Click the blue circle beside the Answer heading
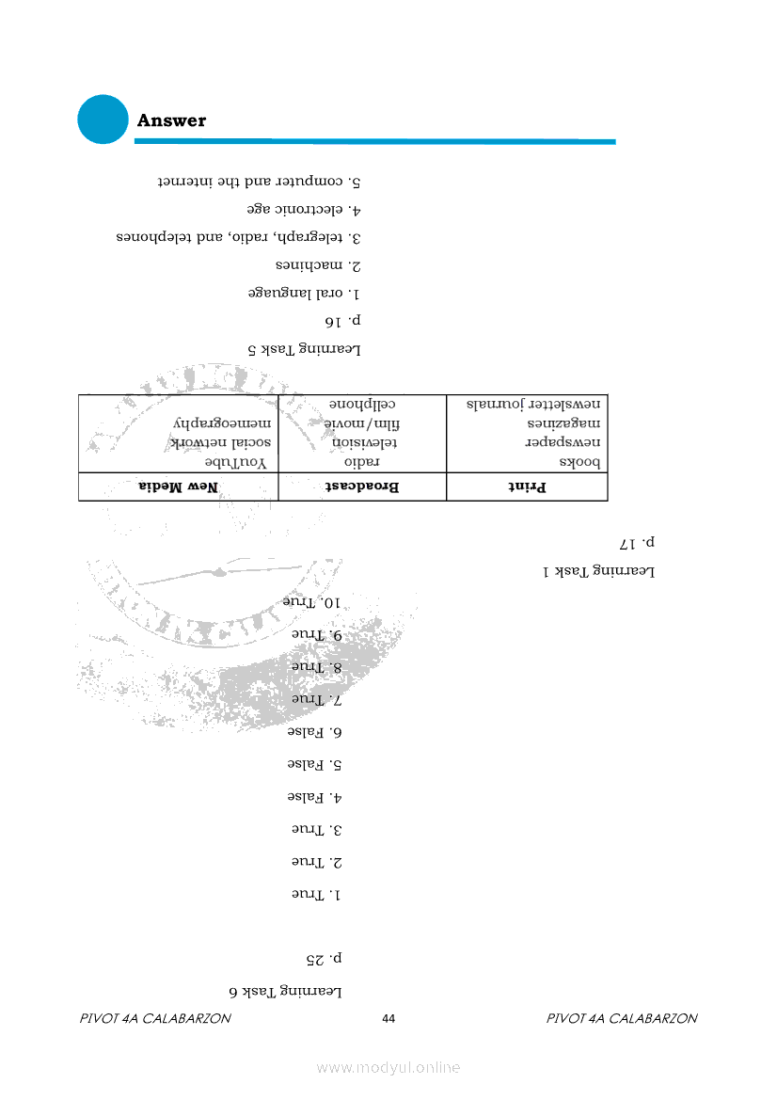(x=103, y=120)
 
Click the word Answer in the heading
(x=171, y=120)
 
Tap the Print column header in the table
(x=528, y=487)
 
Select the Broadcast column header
(x=362, y=487)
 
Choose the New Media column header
(x=179, y=487)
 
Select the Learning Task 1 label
(x=598, y=571)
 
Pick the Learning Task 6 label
(x=285, y=991)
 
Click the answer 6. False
(x=314, y=731)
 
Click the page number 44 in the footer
(x=388, y=1019)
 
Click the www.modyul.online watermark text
(x=388, y=1067)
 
